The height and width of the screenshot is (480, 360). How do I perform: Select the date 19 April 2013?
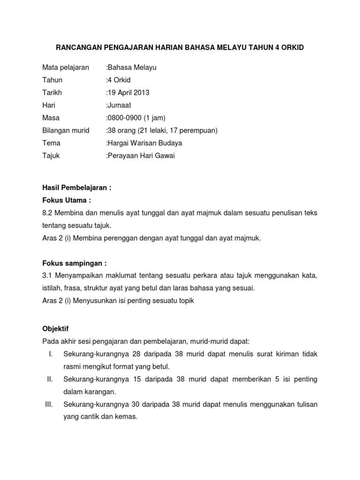[x=129, y=92]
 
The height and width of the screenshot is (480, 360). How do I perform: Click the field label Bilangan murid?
[x=66, y=130]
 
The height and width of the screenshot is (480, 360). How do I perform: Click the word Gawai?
[x=165, y=156]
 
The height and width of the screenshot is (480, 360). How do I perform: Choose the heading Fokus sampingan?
[x=75, y=263]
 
